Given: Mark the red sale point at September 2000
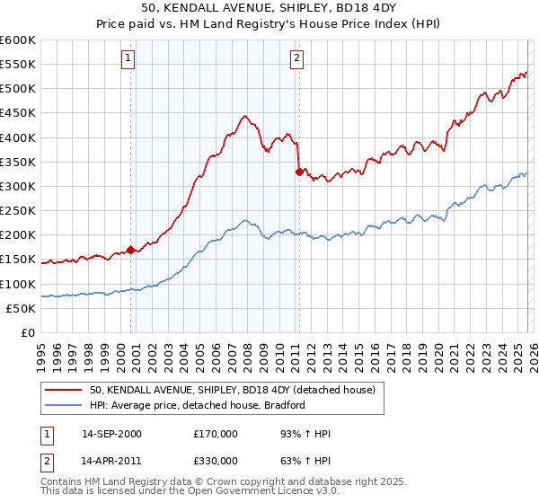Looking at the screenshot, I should (x=131, y=250).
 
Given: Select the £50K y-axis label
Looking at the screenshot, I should (x=20, y=308).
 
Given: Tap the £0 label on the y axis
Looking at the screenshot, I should (x=28, y=332).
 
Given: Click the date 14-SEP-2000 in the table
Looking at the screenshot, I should (x=110, y=434).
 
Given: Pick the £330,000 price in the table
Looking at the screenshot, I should (x=216, y=463).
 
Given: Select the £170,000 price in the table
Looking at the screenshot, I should (x=216, y=434).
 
